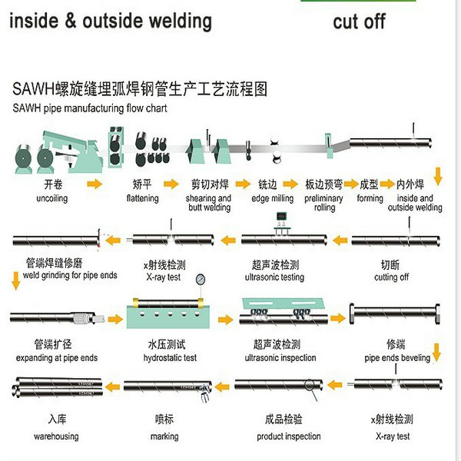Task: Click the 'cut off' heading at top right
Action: pyautogui.click(x=359, y=21)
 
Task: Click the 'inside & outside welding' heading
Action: pyautogui.click(x=110, y=21)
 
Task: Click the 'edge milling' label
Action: pyautogui.click(x=272, y=198)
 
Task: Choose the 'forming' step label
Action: pyautogui.click(x=370, y=198)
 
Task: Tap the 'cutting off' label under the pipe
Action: pyautogui.click(x=391, y=277)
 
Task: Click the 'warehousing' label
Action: pyautogui.click(x=55, y=436)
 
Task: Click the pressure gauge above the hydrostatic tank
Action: pyautogui.click(x=201, y=280)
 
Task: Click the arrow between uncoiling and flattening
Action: pyautogui.click(x=95, y=185)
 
